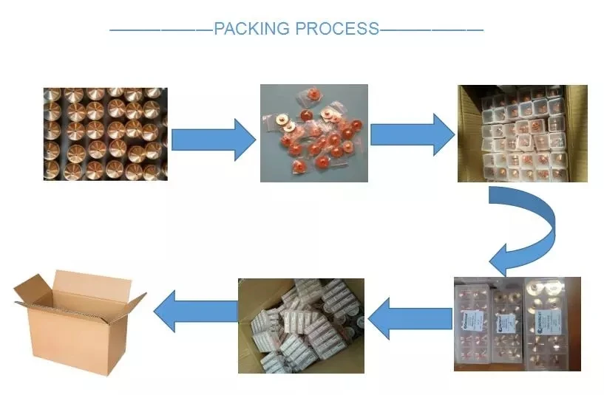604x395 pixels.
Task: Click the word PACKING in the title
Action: [251, 30]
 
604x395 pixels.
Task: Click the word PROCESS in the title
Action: [337, 30]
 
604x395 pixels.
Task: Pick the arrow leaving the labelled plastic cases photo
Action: [409, 319]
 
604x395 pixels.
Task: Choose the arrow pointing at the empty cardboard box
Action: [195, 310]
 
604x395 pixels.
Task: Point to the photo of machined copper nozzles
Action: [105, 134]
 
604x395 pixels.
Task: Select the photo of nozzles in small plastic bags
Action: [313, 133]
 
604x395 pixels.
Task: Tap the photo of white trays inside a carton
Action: [522, 133]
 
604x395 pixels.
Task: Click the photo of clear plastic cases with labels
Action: [517, 323]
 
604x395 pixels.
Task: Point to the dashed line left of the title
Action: [161, 30]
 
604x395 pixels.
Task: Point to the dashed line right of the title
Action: [431, 30]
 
